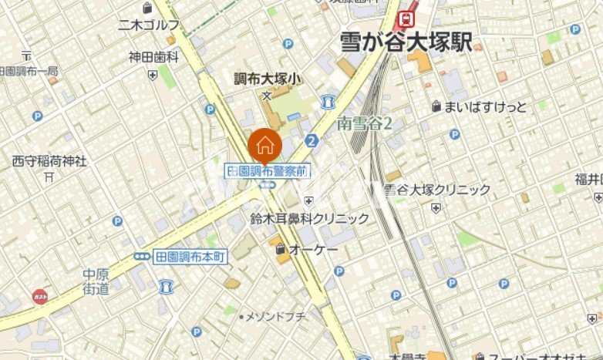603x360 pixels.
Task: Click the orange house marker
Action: (x=264, y=144)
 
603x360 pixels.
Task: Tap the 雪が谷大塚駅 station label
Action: (x=406, y=42)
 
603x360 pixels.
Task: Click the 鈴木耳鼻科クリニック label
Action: (x=309, y=219)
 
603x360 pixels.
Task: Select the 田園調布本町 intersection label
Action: (x=190, y=257)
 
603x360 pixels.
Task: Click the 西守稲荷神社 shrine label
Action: (x=49, y=161)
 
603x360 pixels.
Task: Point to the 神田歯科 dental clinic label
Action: (x=153, y=57)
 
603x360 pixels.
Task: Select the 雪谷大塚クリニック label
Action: (x=437, y=190)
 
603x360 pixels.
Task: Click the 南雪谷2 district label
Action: (x=365, y=123)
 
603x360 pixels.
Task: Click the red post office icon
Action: (x=40, y=296)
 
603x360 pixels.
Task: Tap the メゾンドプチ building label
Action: (x=275, y=316)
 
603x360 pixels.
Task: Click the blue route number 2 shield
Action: (x=312, y=140)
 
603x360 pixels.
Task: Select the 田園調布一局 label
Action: (x=29, y=71)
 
